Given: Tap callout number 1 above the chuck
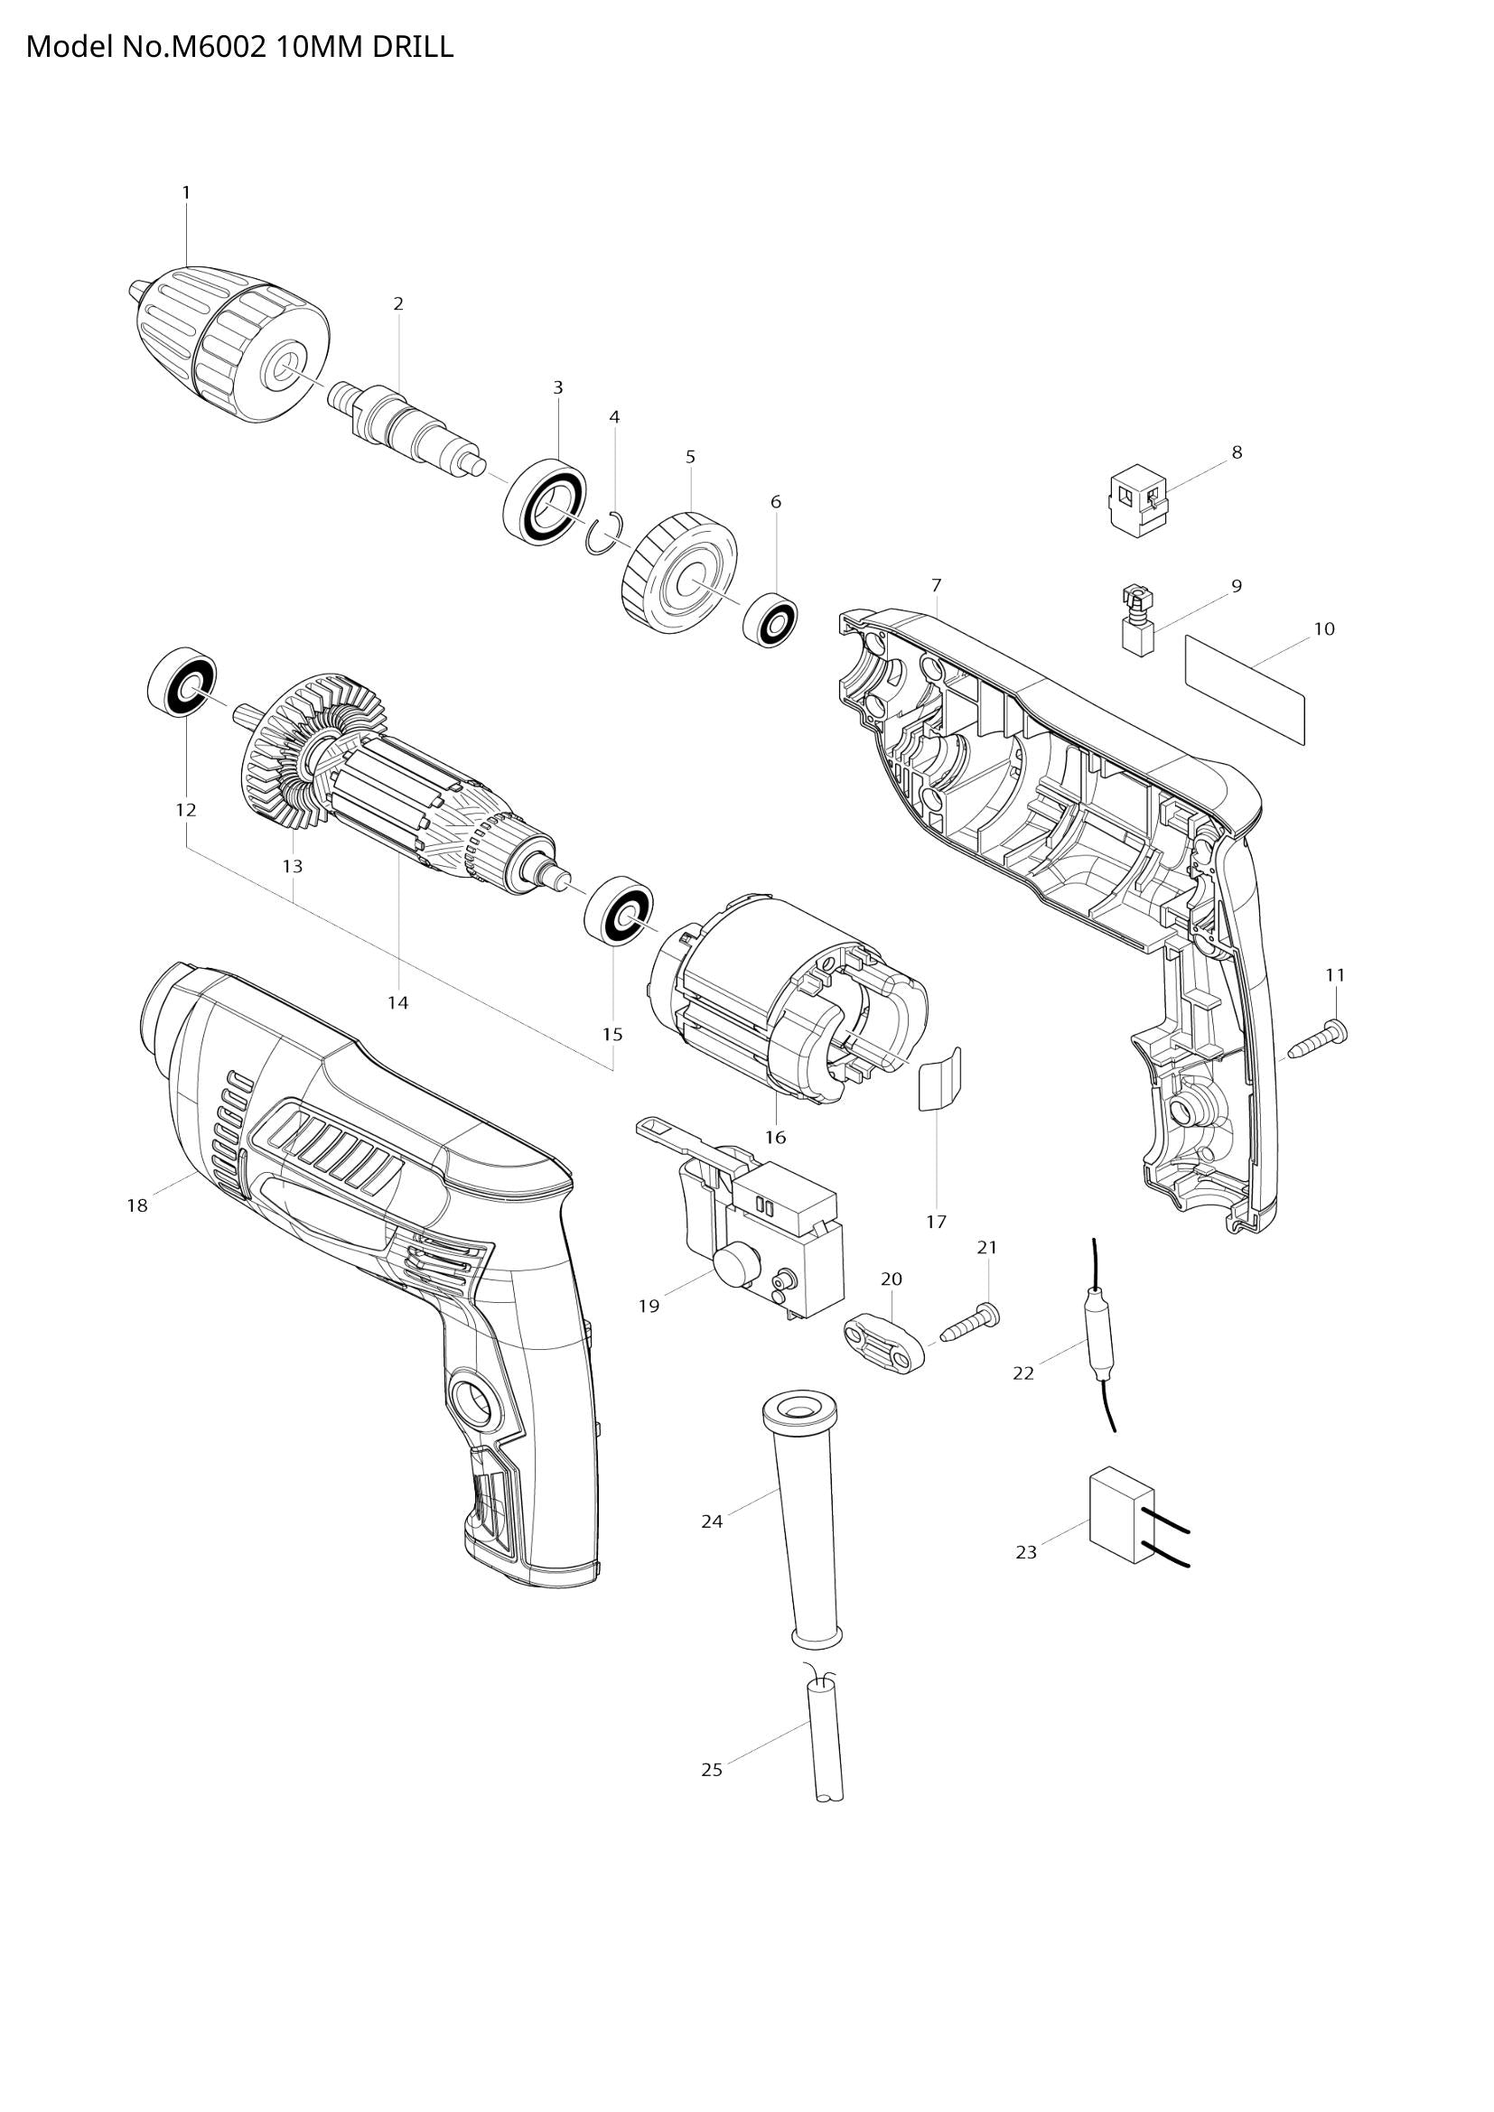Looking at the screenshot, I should point(186,192).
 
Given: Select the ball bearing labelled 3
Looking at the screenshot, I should point(546,502).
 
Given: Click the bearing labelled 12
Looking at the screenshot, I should point(182,681).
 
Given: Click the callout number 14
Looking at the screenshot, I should point(397,1002).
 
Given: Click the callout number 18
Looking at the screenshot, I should point(136,1205).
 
